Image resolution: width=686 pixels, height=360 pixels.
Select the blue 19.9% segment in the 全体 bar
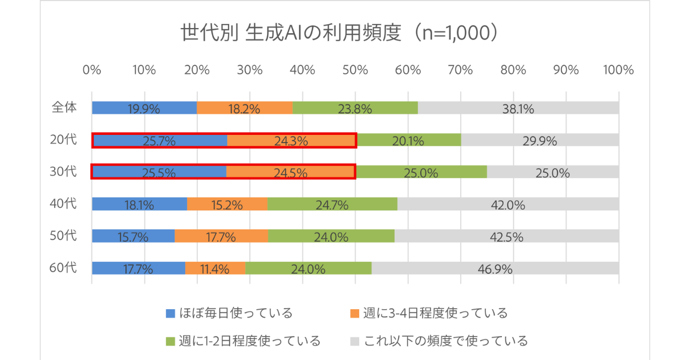click(144, 108)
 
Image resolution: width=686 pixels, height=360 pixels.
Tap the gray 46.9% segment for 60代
click(495, 269)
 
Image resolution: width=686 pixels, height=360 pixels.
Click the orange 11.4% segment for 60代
click(215, 269)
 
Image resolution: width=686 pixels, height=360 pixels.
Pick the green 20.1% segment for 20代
click(409, 140)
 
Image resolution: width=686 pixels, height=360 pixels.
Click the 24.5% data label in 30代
click(291, 173)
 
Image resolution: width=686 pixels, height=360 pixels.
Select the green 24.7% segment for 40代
click(332, 205)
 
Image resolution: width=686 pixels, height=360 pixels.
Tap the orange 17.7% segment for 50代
click(221, 237)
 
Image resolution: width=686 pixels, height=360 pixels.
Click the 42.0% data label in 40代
click(508, 205)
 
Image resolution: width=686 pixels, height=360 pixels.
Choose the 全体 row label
click(64, 107)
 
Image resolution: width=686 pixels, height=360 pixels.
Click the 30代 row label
click(64, 171)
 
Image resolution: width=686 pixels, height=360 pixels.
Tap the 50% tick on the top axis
click(355, 70)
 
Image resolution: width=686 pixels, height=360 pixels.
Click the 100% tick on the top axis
click(617, 70)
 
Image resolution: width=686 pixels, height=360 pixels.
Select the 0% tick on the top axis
click(92, 70)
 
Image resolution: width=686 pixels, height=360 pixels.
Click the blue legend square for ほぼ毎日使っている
click(170, 313)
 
